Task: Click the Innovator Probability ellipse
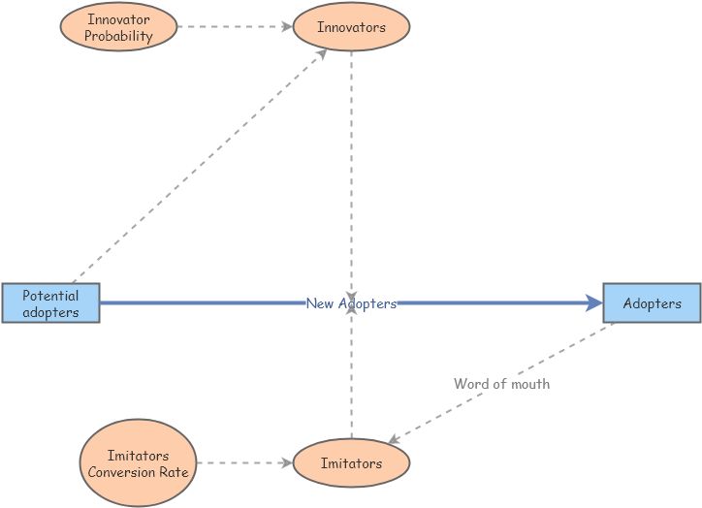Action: coord(119,27)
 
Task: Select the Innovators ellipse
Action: coord(351,27)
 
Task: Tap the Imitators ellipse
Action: coord(351,463)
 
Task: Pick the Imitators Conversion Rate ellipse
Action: coord(138,462)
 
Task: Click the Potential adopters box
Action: coord(50,303)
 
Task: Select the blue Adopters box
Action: coord(652,303)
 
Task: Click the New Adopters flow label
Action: coord(351,303)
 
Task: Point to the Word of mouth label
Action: coord(501,384)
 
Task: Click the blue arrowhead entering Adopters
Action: coord(594,303)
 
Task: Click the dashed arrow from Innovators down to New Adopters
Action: coord(351,165)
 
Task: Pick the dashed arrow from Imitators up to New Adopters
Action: coord(351,378)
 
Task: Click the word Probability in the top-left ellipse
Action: coord(119,36)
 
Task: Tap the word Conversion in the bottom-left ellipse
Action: coord(122,472)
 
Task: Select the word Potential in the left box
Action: coord(50,296)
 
